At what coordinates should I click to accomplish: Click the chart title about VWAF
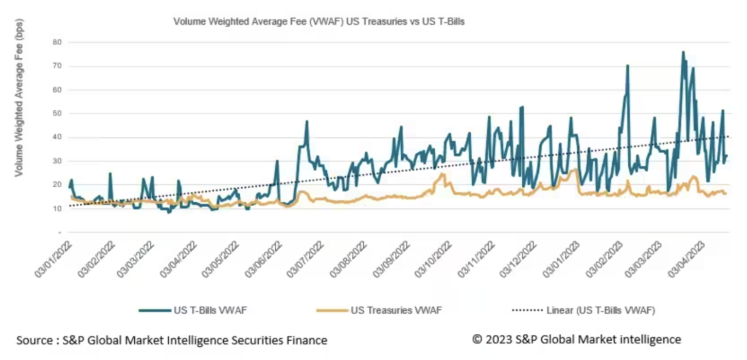point(319,22)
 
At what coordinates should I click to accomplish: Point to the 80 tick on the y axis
point(57,42)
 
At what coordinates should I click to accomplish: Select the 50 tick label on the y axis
point(57,113)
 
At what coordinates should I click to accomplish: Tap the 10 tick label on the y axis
point(57,209)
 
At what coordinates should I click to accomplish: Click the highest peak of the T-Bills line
point(683,52)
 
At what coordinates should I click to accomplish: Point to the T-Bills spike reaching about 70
point(627,65)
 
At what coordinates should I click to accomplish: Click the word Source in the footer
point(34,340)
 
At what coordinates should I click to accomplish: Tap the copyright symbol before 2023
point(477,339)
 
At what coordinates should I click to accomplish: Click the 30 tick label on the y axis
point(57,161)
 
